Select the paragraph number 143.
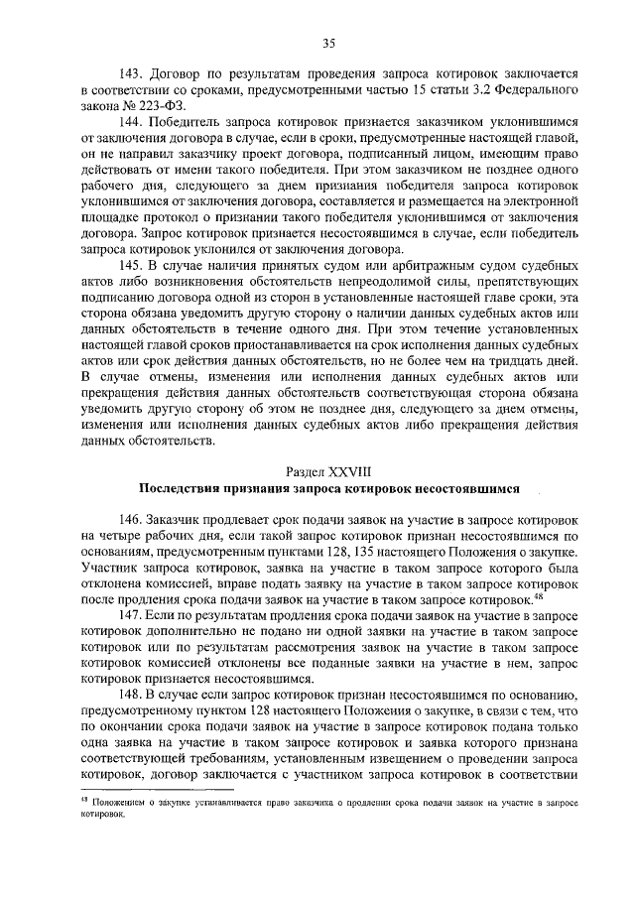[x=131, y=75]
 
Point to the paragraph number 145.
[x=131, y=265]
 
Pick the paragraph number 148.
[x=131, y=693]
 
